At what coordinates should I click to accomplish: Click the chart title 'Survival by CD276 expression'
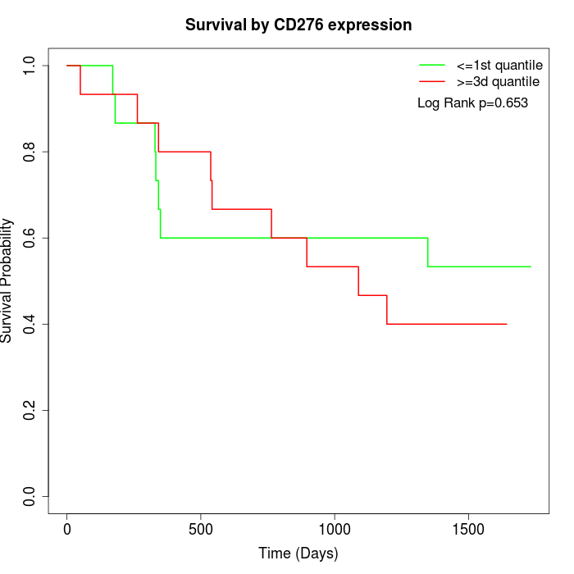pyautogui.click(x=298, y=25)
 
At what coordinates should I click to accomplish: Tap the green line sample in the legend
pyautogui.click(x=432, y=64)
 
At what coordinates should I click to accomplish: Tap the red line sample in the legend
pyautogui.click(x=432, y=81)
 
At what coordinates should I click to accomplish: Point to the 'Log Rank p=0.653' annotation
pyautogui.click(x=472, y=103)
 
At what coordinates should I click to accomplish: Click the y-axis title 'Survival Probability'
pyautogui.click(x=7, y=280)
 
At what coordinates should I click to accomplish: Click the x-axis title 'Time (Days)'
pyautogui.click(x=298, y=554)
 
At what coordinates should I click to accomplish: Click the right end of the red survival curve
pyautogui.click(x=506, y=324)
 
